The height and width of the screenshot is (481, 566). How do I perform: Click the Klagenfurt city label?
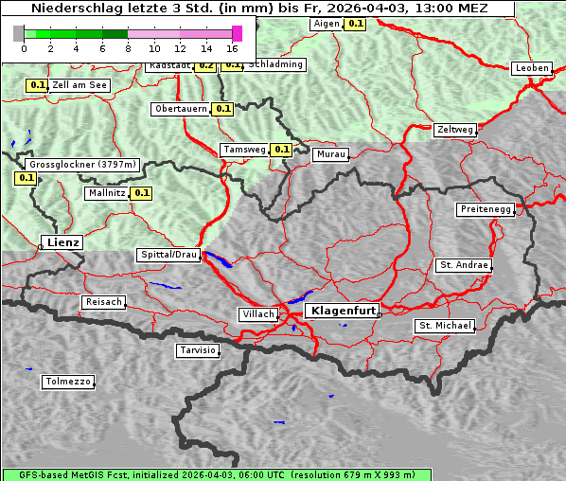click(344, 311)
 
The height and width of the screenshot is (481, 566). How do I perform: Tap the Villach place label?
click(257, 313)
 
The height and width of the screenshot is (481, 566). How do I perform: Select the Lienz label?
click(62, 242)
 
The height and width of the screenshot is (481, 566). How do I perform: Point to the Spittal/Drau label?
click(168, 255)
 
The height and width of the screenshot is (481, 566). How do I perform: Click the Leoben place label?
click(531, 68)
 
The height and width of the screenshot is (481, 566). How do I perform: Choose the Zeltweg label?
click(455, 130)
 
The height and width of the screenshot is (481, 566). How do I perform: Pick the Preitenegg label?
click(486, 209)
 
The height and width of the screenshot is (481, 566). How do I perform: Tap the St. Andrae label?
click(464, 265)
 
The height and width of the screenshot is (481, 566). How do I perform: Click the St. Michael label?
click(445, 326)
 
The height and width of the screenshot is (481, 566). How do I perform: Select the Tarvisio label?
click(198, 350)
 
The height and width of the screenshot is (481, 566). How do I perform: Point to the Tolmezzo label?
click(68, 382)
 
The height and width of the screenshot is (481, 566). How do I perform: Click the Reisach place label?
click(104, 302)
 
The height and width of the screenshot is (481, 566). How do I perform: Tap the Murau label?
click(331, 154)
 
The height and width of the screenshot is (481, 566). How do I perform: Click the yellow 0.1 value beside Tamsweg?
click(281, 150)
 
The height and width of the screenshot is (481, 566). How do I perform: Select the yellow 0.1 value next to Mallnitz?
click(142, 193)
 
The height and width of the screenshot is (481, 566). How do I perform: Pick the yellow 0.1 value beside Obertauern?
click(222, 109)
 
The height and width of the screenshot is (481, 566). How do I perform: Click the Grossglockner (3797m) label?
click(83, 164)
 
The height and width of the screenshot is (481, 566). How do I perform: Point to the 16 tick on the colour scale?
click(232, 48)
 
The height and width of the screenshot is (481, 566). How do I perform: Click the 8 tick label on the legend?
click(128, 48)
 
